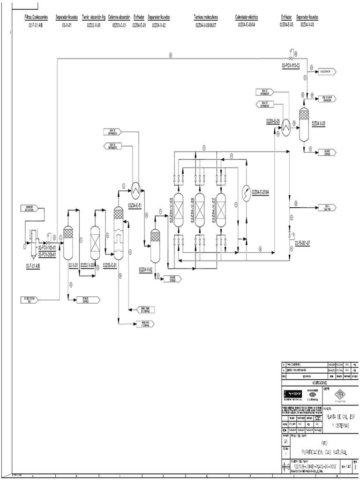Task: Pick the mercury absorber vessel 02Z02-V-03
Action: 95,242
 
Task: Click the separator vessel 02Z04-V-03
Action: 304,123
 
